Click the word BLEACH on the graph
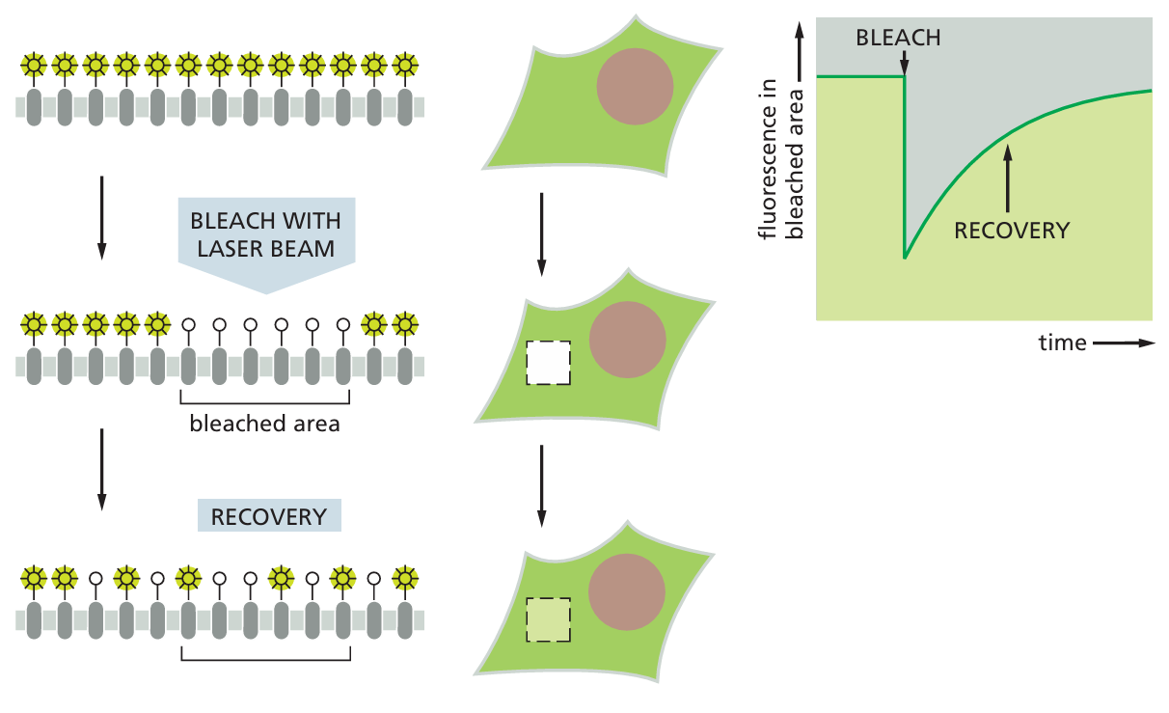coord(898,39)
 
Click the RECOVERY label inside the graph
coord(1011,231)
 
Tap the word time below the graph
coord(1062,343)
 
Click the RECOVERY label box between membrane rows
coord(269,516)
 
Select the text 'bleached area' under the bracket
coord(264,423)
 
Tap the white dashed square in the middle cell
coord(548,362)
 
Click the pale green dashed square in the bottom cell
coord(548,620)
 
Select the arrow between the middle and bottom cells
coord(541,486)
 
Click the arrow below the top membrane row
coord(101,217)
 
